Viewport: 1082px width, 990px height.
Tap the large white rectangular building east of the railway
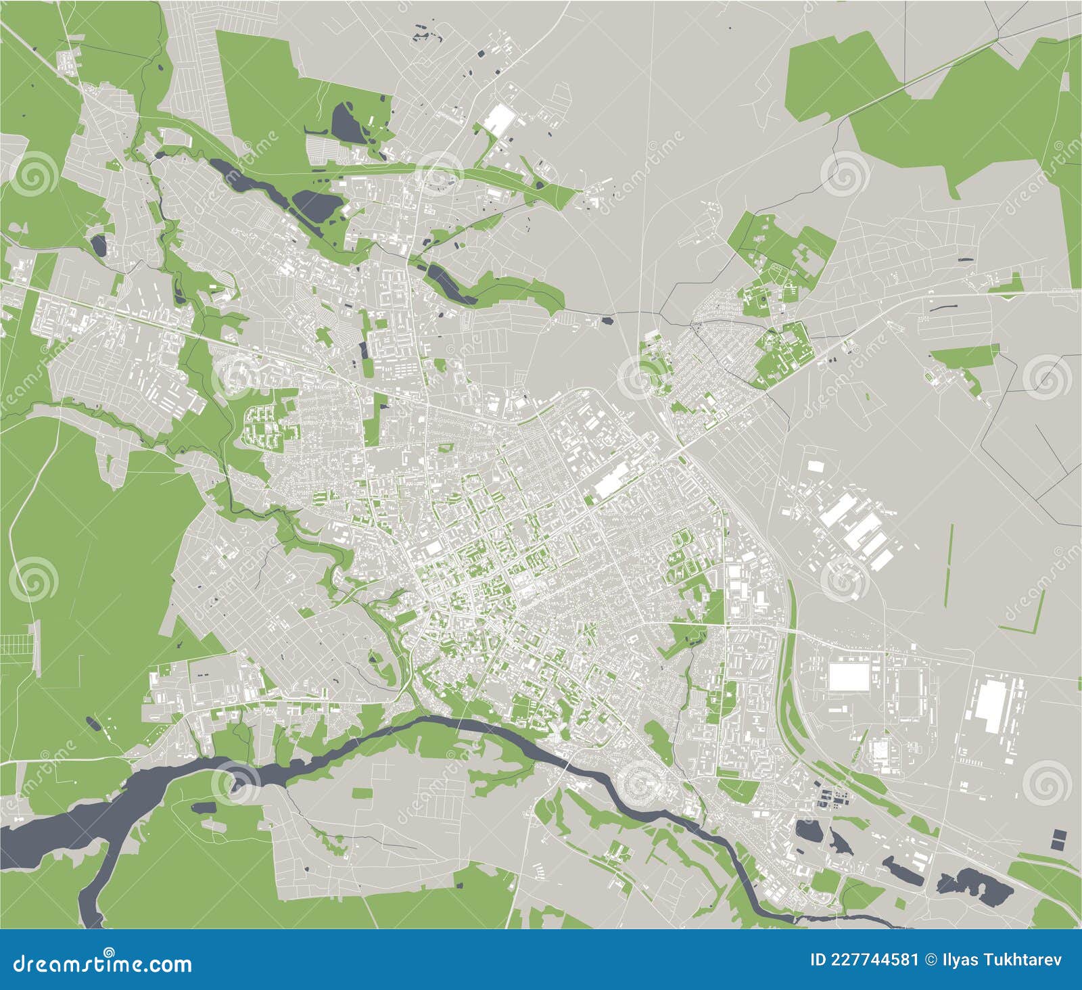pyautogui.click(x=849, y=677)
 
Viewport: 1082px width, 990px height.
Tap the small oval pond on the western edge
pyautogui.click(x=99, y=245)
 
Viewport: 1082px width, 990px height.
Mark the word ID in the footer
pyautogui.click(x=819, y=960)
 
